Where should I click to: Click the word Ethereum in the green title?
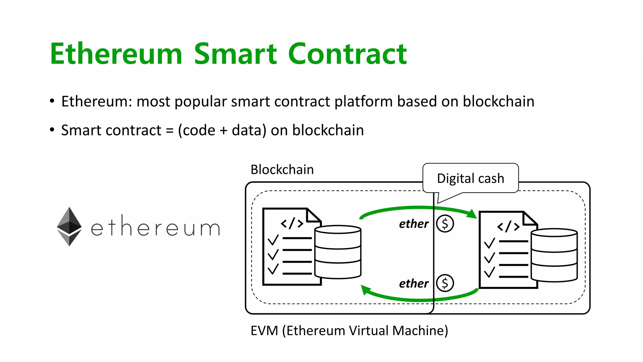[x=116, y=54]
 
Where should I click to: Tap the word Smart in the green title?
[x=235, y=54]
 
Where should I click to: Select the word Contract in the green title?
[x=347, y=54]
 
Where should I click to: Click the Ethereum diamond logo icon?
[x=69, y=226]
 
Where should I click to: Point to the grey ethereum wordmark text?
[x=155, y=227]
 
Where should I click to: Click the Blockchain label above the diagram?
[x=282, y=170]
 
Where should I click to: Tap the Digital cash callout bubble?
[x=470, y=178]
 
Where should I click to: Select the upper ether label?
[x=413, y=224]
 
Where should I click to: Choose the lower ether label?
[x=413, y=283]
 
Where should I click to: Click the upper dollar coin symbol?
[x=445, y=224]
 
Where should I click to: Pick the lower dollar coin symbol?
[x=445, y=283]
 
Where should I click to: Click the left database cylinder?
[x=338, y=252]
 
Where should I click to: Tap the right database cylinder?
[x=554, y=255]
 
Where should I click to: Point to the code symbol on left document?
[x=292, y=223]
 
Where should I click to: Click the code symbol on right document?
[x=508, y=227]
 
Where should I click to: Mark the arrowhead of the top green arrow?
[x=472, y=214]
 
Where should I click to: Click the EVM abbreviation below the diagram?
[x=264, y=331]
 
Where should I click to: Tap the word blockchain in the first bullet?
[x=498, y=101]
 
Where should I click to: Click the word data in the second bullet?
[x=246, y=130]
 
